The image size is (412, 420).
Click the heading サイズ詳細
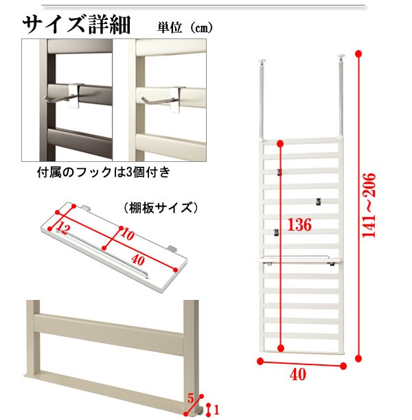76,25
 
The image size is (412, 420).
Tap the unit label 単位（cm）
185,27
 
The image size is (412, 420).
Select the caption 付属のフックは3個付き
104,172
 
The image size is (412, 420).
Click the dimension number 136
299,224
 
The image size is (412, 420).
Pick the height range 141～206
369,205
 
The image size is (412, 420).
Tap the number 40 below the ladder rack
298,374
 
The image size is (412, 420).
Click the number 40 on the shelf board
138,260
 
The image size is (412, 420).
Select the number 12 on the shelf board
64,229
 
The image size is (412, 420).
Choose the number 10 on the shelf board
127,235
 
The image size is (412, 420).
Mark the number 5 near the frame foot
190,399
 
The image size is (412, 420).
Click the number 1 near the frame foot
216,410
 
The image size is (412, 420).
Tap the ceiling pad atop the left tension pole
262,61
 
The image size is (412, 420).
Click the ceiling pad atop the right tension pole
341,56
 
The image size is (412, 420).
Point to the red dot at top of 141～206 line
358,54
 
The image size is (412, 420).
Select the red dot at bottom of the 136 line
281,348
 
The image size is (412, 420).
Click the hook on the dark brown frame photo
63,95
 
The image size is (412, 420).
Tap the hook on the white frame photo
163,99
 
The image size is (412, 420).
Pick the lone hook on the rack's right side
318,202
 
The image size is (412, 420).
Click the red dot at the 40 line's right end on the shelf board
175,270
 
